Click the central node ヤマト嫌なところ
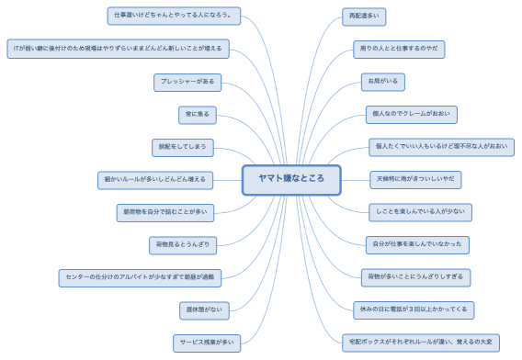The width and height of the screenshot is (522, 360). click(291, 180)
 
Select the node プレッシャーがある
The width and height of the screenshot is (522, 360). click(187, 83)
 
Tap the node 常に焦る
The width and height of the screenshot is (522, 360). click(198, 115)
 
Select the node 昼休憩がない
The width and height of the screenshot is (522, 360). click(204, 310)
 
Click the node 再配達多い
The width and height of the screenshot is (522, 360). click(365, 16)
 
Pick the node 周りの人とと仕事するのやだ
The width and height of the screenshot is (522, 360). click(397, 49)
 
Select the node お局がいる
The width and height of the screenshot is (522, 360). click(382, 82)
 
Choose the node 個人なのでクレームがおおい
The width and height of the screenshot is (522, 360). click(410, 115)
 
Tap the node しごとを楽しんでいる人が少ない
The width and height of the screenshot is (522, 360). click(419, 212)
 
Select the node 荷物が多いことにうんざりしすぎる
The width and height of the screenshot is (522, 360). click(415, 276)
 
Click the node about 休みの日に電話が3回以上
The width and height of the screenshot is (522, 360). click(414, 309)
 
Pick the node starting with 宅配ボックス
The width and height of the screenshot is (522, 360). click(420, 342)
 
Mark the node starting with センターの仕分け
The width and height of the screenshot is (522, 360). click(140, 276)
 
